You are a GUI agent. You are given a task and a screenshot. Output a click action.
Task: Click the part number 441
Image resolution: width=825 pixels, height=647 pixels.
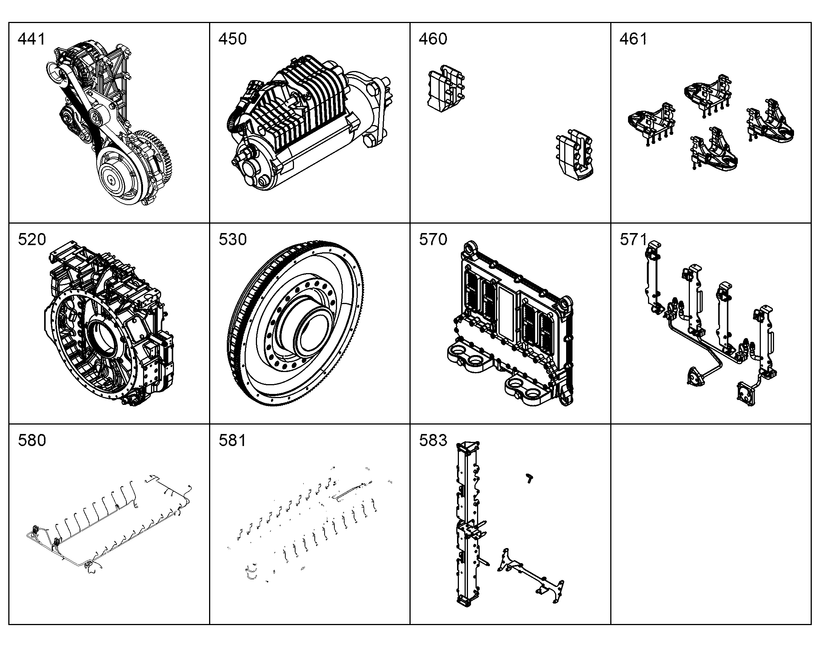point(31,39)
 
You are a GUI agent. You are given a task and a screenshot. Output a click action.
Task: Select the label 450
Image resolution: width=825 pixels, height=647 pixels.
point(232,39)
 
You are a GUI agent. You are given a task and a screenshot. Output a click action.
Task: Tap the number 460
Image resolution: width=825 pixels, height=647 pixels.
point(433,39)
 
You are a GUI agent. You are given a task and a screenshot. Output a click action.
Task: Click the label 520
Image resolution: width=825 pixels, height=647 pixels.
point(32,239)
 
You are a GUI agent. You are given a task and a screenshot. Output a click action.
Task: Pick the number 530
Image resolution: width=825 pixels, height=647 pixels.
point(232,239)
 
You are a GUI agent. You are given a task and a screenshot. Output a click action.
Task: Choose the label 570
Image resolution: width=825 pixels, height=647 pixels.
point(433,239)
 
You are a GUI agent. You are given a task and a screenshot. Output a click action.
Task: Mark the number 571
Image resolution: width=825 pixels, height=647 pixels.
point(633,239)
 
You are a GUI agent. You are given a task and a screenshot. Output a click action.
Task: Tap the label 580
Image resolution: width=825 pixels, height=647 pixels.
point(32,440)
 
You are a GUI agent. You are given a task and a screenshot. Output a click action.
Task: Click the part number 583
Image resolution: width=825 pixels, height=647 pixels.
point(433,440)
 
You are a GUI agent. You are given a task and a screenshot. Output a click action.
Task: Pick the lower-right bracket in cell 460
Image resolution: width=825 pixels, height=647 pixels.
point(574,155)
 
